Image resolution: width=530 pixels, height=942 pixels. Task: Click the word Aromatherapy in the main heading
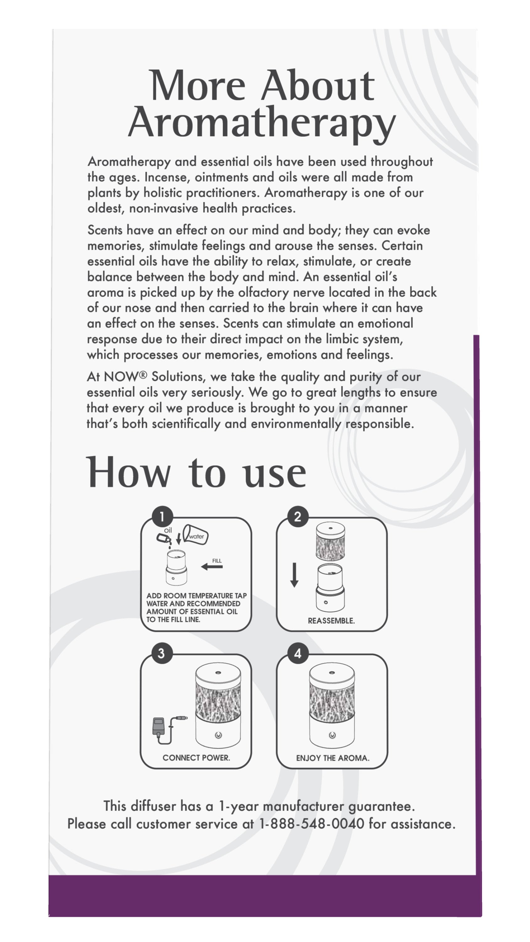coord(262,122)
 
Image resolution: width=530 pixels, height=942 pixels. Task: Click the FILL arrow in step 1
coord(212,566)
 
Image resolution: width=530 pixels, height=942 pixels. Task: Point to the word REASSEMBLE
coord(331,621)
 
